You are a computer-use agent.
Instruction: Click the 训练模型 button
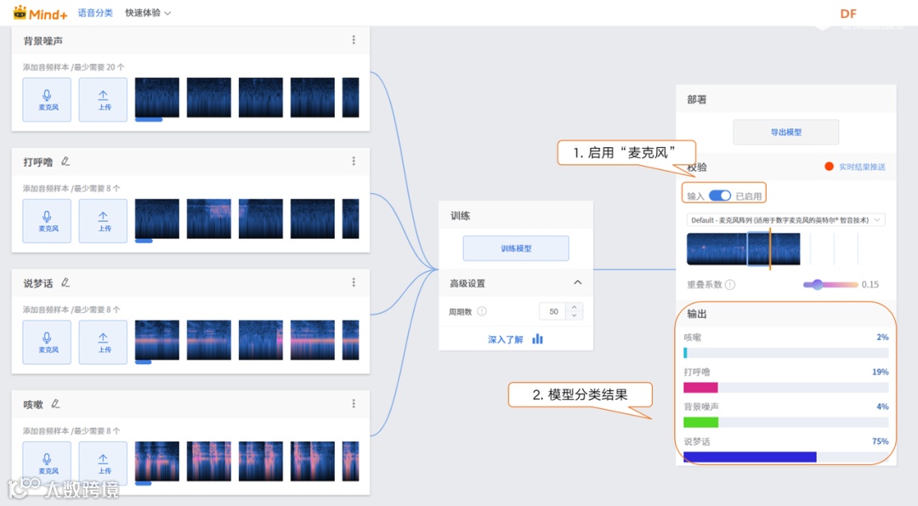click(515, 248)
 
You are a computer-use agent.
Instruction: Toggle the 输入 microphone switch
click(720, 196)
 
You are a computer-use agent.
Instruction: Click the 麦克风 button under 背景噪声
click(47, 100)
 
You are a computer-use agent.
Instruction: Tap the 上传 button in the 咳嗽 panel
click(103, 463)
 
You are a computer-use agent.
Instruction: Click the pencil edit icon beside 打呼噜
click(65, 162)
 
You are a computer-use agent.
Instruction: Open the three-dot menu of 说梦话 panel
click(354, 282)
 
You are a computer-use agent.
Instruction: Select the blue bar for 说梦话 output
click(750, 457)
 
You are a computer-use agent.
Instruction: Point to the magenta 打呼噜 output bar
click(701, 387)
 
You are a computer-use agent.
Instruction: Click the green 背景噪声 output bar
click(701, 422)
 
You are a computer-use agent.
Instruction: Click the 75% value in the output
click(880, 441)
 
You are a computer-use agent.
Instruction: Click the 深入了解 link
click(506, 339)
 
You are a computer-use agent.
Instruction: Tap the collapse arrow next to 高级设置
click(578, 282)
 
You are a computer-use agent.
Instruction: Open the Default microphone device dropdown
click(785, 220)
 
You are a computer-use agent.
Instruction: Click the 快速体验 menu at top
click(148, 13)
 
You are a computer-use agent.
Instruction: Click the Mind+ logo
click(40, 14)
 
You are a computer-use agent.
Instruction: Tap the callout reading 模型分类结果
click(580, 395)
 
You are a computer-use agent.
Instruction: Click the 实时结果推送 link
click(861, 167)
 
